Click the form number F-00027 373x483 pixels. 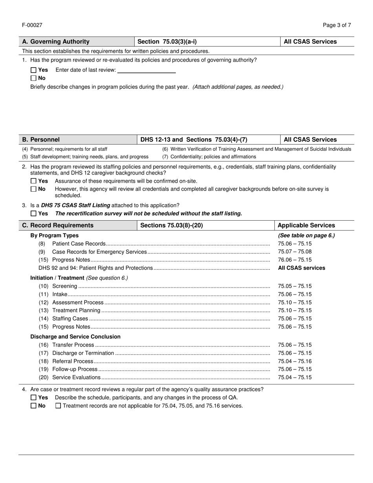click(32, 25)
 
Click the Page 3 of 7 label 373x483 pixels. click(337, 25)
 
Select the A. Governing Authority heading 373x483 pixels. click(56, 42)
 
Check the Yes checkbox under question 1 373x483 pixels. click(33, 70)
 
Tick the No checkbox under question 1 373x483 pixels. click(33, 78)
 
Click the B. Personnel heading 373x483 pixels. click(41, 139)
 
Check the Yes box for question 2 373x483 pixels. click(33, 181)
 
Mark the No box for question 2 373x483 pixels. click(33, 189)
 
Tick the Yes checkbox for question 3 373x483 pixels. click(33, 214)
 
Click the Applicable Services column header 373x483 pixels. click(306, 225)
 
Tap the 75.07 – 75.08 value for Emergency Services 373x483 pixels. click(294, 252)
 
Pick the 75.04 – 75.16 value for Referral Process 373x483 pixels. click(294, 361)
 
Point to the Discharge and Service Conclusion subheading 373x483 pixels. click(75, 337)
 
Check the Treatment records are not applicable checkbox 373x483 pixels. click(58, 406)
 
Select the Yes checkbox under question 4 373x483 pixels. click(33, 398)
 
